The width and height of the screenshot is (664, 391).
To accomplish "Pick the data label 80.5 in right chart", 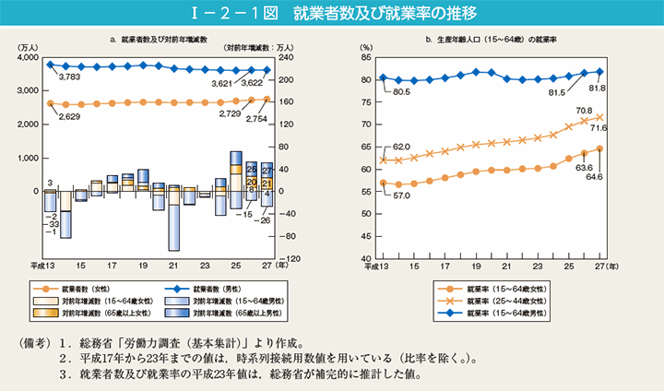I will click(x=399, y=92).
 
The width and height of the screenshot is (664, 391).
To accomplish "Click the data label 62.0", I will click(x=399, y=147).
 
